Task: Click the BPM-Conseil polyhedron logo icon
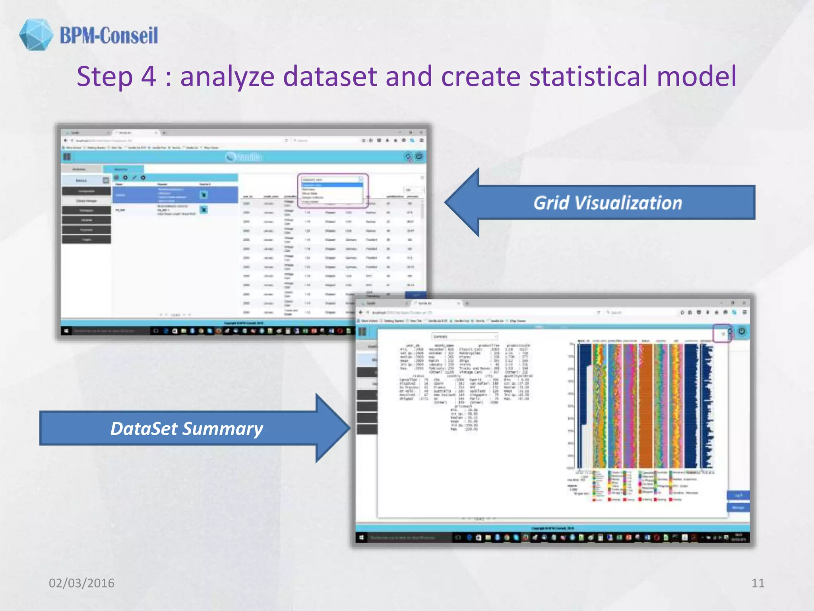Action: [36, 35]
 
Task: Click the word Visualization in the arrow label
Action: [628, 203]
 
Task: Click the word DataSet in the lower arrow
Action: [144, 428]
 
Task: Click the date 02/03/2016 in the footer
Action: [81, 583]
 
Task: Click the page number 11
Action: [758, 583]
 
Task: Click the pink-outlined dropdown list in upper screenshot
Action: [333, 191]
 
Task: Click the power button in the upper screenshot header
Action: [419, 157]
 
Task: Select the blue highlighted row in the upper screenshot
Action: [175, 195]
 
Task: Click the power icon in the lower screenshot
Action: [742, 331]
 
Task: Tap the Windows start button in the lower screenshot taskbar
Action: [361, 538]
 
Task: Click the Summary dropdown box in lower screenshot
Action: [464, 337]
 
